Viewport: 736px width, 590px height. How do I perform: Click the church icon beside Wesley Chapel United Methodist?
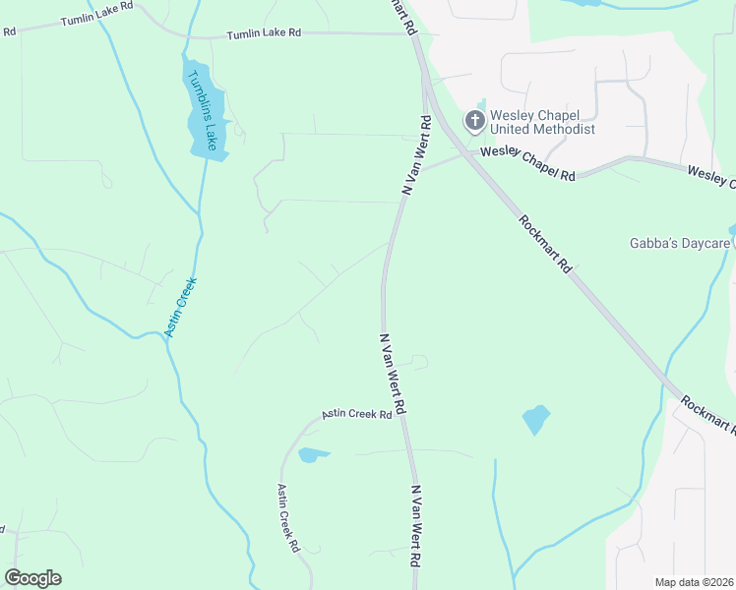pos(474,121)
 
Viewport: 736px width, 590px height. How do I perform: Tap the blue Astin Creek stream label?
pos(181,307)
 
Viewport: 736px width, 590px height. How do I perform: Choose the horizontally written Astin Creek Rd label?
pos(358,415)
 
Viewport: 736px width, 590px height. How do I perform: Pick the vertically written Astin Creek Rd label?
pos(287,518)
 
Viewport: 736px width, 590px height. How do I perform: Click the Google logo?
pos(32,577)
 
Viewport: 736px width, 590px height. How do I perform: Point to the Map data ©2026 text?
pos(694,582)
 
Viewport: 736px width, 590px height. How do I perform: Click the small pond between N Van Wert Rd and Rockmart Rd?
pos(535,419)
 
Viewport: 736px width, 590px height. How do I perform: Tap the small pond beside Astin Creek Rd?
pos(312,454)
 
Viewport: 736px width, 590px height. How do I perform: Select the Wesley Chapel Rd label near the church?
pos(527,161)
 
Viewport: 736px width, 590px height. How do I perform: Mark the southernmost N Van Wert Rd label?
pos(416,525)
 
